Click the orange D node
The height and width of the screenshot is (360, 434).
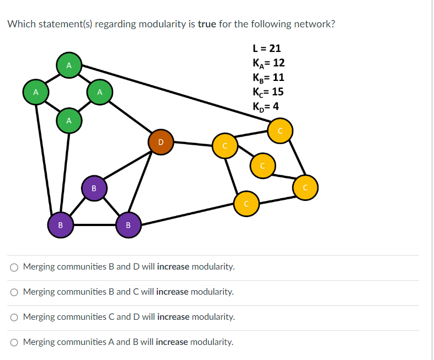click(160, 142)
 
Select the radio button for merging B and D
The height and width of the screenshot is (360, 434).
click(14, 267)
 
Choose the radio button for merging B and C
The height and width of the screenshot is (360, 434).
click(14, 292)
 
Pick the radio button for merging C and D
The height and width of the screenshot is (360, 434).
click(14, 317)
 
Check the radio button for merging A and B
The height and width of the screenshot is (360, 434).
click(14, 342)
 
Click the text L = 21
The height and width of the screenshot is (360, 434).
click(267, 49)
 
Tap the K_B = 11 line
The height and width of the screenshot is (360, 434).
click(268, 77)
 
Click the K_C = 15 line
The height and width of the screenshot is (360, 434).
click(268, 92)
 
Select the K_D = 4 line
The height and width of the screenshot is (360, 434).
click(266, 106)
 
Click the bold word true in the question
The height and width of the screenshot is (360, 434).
click(206, 24)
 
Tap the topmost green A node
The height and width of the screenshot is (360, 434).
click(69, 65)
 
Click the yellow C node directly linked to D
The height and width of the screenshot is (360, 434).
click(225, 146)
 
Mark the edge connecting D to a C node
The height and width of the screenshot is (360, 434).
click(192, 144)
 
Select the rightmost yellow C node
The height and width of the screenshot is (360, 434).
click(306, 187)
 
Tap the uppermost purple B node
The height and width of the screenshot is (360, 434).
click(94, 188)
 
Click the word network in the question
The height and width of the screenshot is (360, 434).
click(316, 24)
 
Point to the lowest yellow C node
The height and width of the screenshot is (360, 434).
click(246, 204)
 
